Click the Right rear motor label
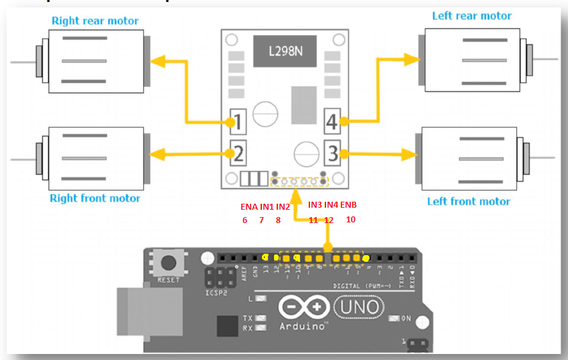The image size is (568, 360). [95, 21]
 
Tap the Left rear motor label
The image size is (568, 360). [472, 16]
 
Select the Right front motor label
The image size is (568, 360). [95, 198]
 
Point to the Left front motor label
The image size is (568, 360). [468, 201]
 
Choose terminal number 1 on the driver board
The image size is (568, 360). [239, 122]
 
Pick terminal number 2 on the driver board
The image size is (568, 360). [239, 155]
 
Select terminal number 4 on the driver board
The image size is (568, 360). [333, 122]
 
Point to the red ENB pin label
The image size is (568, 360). [349, 205]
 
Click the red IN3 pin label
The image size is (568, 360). [315, 205]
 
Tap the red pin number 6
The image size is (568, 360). [245, 220]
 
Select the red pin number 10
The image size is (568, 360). [351, 219]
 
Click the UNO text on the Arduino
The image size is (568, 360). [360, 307]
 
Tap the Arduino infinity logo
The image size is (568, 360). [305, 307]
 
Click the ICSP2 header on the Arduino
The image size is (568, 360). [218, 279]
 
